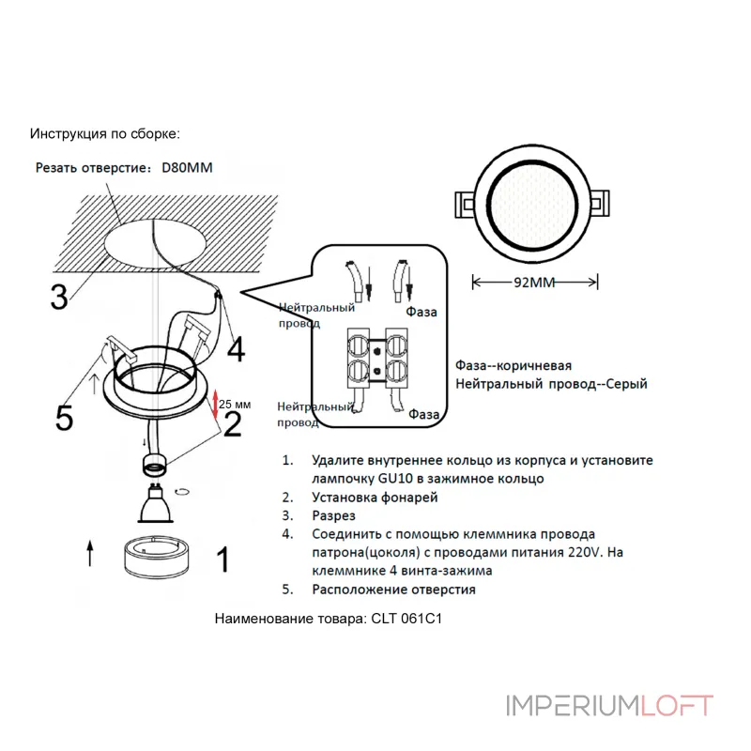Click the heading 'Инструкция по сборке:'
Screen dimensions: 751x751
(104, 134)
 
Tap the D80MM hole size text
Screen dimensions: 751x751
(188, 168)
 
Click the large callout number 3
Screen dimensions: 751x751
(59, 296)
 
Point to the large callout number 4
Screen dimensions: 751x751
(236, 349)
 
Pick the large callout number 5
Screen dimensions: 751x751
(64, 417)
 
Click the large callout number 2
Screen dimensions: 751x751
(231, 425)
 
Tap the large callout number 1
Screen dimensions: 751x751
(222, 560)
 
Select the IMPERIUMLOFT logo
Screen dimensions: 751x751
(609, 706)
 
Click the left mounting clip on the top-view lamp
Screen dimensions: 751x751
(465, 203)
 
